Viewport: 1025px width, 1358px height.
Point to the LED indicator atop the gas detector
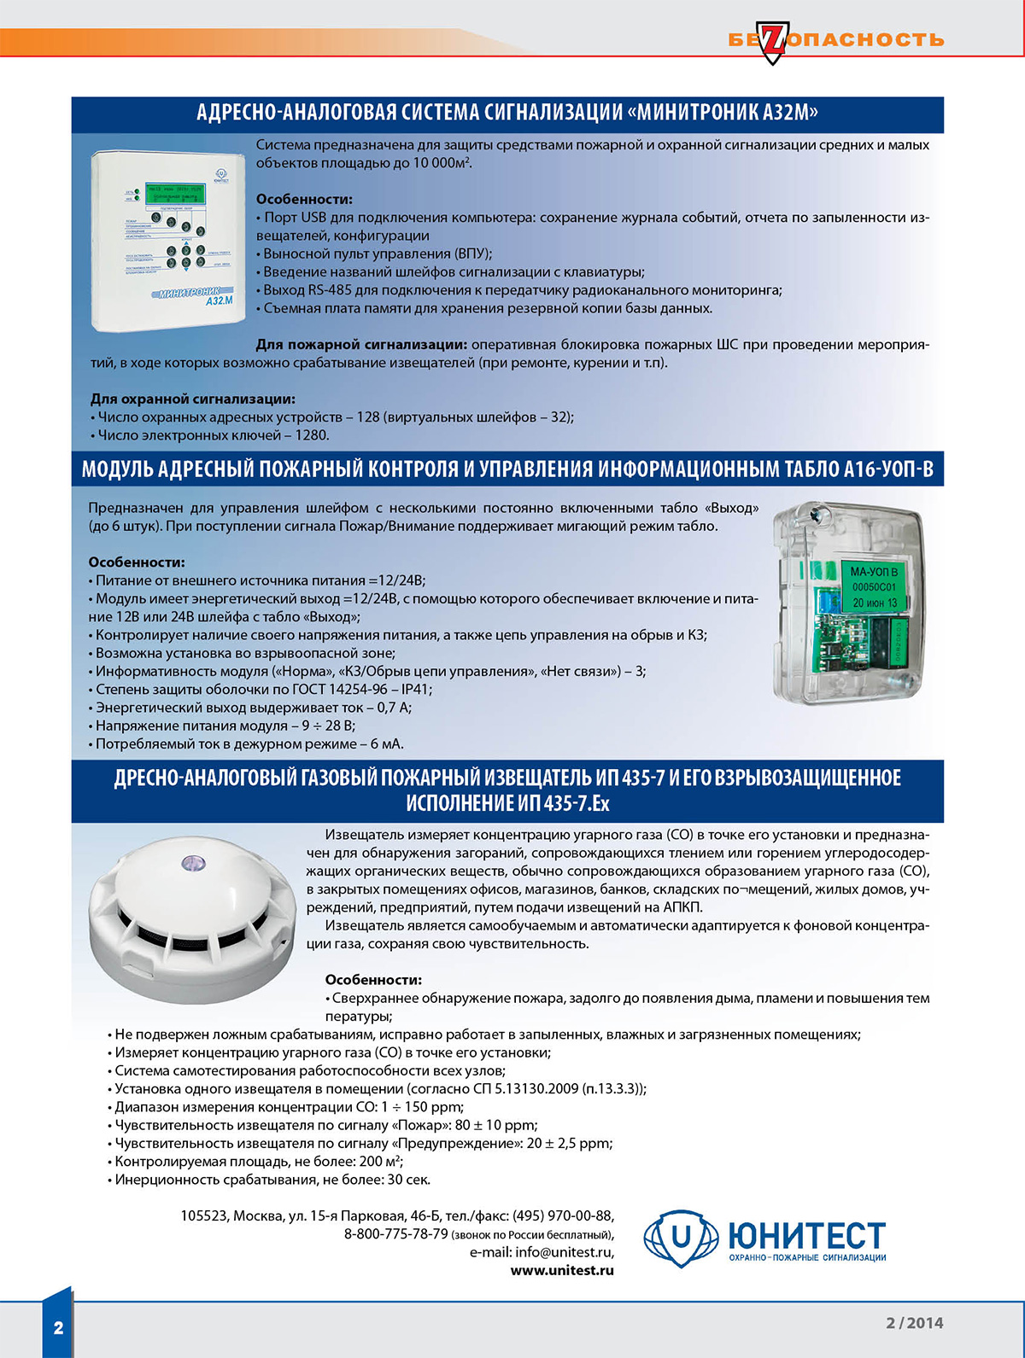pyautogui.click(x=193, y=863)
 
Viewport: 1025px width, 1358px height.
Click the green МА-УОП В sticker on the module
pyautogui.click(x=874, y=586)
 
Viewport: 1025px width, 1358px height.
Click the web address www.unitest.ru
pyautogui.click(x=562, y=1270)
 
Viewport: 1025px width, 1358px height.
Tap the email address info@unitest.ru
pyautogui.click(x=564, y=1252)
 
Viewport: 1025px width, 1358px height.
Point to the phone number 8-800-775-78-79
pyautogui.click(x=396, y=1234)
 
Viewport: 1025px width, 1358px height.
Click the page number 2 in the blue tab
pyautogui.click(x=58, y=1327)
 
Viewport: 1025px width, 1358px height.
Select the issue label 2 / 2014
pyautogui.click(x=914, y=1323)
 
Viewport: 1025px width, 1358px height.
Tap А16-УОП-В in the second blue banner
pyautogui.click(x=888, y=469)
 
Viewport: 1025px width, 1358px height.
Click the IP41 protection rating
pyautogui.click(x=416, y=690)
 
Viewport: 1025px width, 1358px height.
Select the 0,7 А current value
pyautogui.click(x=394, y=708)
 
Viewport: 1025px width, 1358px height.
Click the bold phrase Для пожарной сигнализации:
pyautogui.click(x=361, y=345)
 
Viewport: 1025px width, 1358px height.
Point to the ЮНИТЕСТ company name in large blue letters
pyautogui.click(x=805, y=1235)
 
